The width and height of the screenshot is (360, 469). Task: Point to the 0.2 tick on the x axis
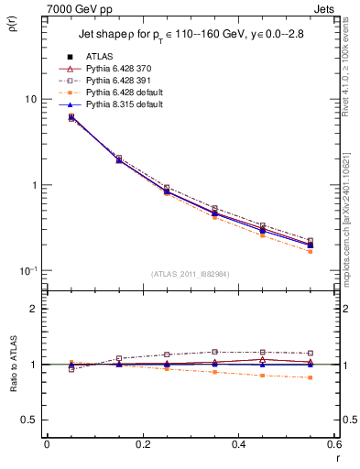(x=142, y=444)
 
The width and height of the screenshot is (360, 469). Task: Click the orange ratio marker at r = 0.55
(x=310, y=377)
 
